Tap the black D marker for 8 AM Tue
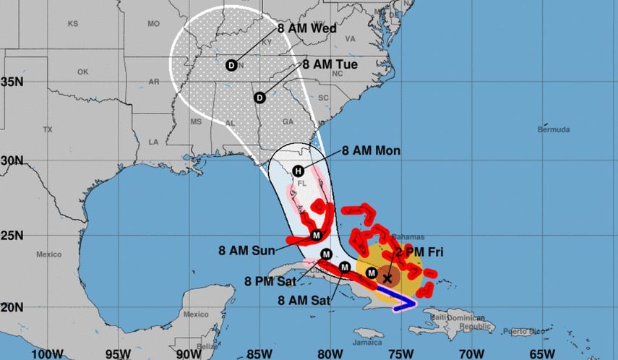(x=260, y=97)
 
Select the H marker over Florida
(x=297, y=171)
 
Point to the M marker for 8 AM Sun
(x=316, y=236)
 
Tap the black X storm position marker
(x=387, y=278)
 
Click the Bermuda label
(x=554, y=130)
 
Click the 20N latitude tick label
(x=12, y=307)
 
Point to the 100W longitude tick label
(x=44, y=353)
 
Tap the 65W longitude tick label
(x=540, y=353)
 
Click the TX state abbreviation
(x=48, y=130)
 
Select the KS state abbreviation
(x=72, y=24)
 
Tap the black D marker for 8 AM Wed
(x=231, y=65)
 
